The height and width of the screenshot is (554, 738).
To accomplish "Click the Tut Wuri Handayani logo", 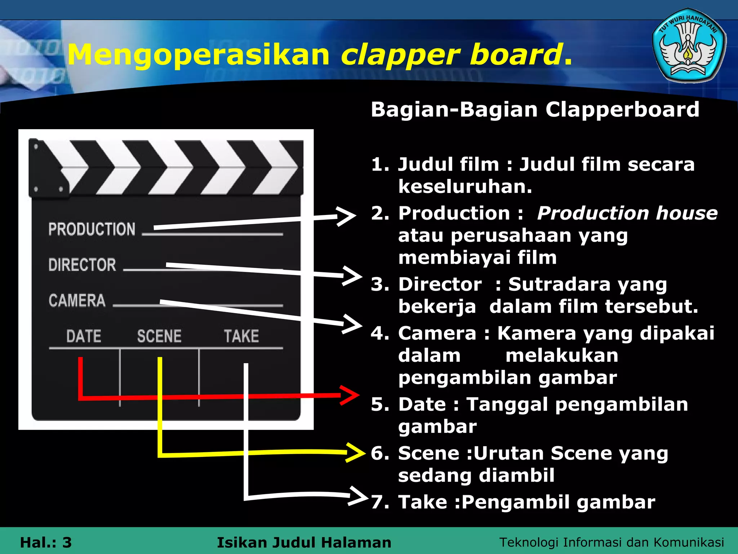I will tap(689, 46).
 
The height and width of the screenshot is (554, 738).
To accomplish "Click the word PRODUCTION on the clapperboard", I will tap(92, 229).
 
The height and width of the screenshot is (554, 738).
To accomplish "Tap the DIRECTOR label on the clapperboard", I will tap(82, 265).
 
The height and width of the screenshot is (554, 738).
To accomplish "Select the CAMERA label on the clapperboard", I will tap(77, 300).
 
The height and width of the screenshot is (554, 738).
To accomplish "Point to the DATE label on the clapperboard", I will tap(84, 336).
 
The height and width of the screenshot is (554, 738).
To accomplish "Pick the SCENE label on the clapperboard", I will tap(159, 336).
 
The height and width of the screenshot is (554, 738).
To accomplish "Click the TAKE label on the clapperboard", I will tap(241, 336).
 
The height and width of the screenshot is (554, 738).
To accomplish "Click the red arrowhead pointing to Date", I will tap(350, 395).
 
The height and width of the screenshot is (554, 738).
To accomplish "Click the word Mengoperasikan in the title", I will tap(199, 55).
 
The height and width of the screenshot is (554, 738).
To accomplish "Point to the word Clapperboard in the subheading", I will tap(622, 110).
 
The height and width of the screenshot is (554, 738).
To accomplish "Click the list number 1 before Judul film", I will tap(379, 165).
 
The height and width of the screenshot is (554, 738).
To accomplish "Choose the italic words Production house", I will tap(627, 213).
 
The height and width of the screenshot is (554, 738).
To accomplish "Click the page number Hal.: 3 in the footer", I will tap(46, 542).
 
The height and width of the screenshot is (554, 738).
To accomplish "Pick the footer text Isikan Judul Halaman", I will tap(304, 542).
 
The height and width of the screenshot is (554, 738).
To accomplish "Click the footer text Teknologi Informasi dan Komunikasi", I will tap(612, 542).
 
